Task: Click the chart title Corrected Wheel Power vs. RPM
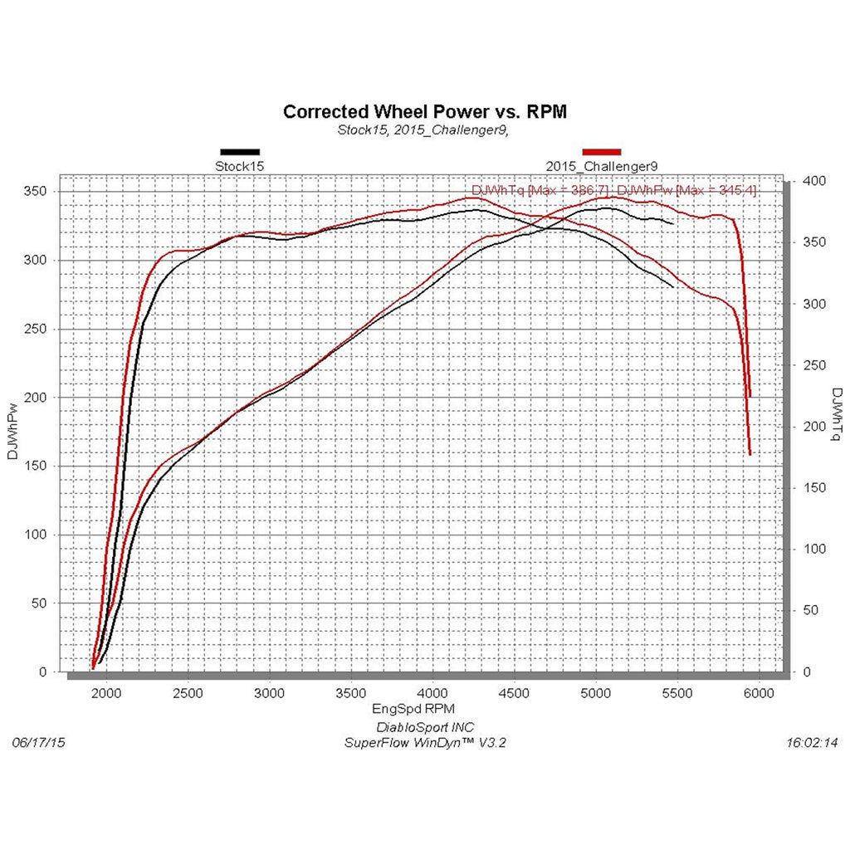pos(425,111)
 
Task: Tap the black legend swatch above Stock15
pos(240,152)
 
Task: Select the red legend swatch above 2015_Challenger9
pos(602,152)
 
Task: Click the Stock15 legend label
pos(240,166)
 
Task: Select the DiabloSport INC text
pos(424,727)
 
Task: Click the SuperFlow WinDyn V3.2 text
pos(424,743)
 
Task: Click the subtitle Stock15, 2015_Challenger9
pos(423,130)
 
